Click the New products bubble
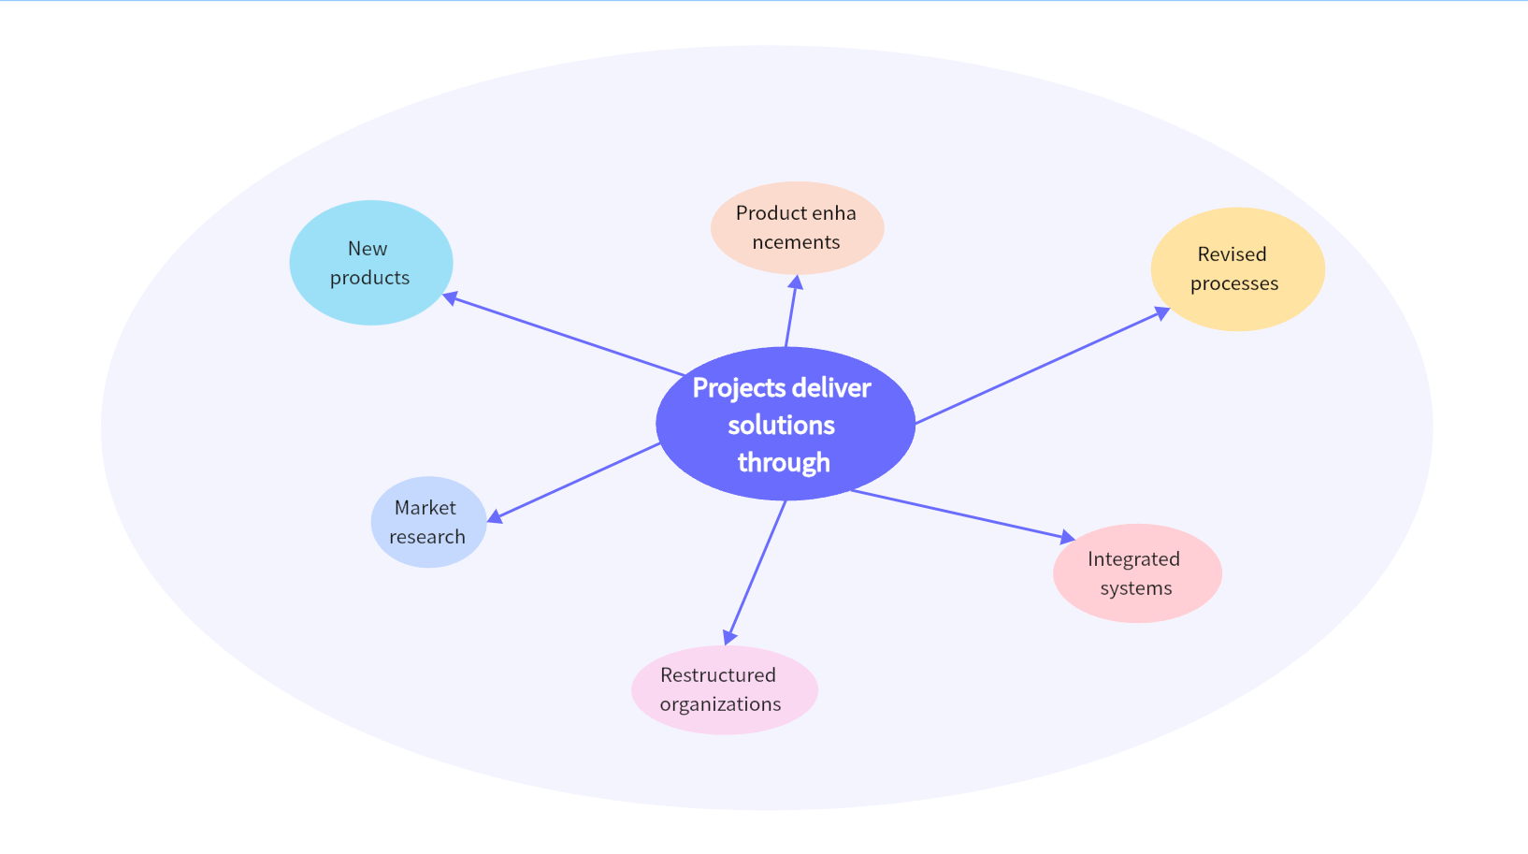(x=371, y=263)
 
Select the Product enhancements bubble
(x=797, y=227)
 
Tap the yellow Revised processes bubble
(x=1237, y=268)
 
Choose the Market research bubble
(x=428, y=522)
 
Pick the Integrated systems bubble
(x=1136, y=573)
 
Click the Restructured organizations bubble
(x=724, y=689)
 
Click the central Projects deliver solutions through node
(x=785, y=425)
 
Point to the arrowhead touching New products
(x=451, y=298)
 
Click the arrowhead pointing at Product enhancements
(x=796, y=282)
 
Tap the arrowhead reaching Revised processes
(x=1161, y=313)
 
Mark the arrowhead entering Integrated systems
(x=1067, y=538)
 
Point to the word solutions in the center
(x=781, y=426)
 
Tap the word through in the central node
(x=784, y=462)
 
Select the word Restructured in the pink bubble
(x=717, y=675)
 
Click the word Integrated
(x=1133, y=559)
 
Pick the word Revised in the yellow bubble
(x=1232, y=254)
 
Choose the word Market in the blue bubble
(x=425, y=508)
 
